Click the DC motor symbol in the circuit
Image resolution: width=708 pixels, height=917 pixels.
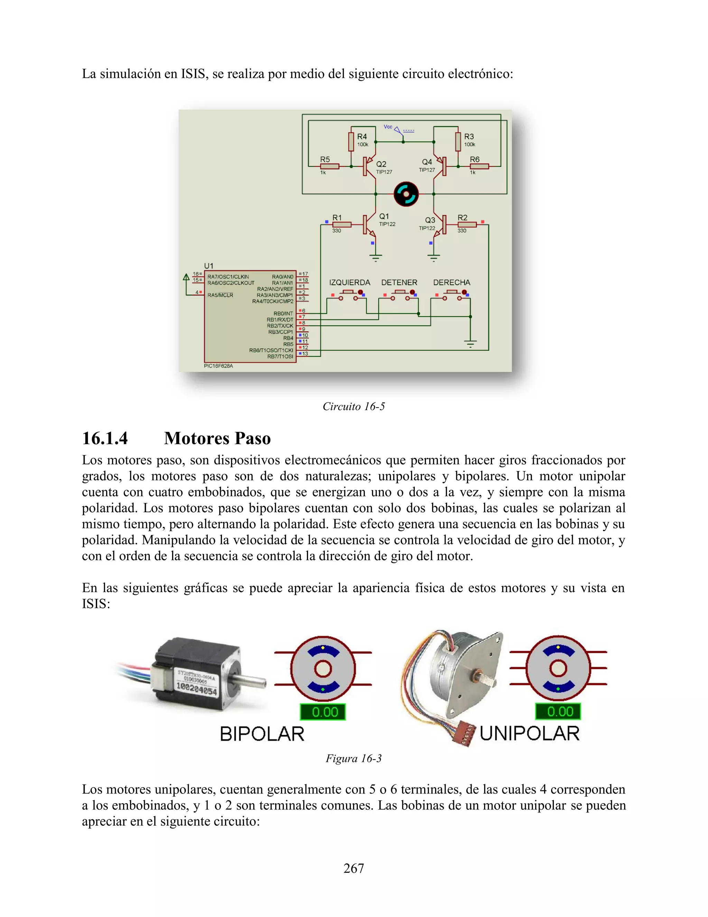tap(406, 194)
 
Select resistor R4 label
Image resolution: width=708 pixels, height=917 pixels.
tap(362, 136)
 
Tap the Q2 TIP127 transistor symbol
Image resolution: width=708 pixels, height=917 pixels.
tap(368, 166)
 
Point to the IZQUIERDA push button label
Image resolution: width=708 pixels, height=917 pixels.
tap(350, 283)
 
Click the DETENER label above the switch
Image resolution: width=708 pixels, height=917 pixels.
tap(399, 283)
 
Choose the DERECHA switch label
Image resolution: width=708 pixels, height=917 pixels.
tap(451, 283)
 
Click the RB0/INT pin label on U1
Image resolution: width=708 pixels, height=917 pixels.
tap(283, 313)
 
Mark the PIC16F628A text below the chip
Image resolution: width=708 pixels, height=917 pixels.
tap(218, 366)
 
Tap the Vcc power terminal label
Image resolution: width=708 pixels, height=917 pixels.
tap(388, 127)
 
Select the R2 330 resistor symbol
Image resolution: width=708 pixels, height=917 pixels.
tap(467, 224)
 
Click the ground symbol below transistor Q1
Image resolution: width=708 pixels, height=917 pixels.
tap(375, 257)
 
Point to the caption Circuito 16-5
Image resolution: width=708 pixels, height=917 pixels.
tap(354, 407)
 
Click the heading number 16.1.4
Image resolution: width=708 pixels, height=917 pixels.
tap(105, 438)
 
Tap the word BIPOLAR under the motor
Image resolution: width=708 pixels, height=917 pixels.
tap(262, 734)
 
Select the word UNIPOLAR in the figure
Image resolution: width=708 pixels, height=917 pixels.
tap(529, 734)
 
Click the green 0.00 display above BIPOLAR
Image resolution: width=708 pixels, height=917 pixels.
tap(323, 712)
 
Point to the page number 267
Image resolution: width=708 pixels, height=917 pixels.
tap(354, 868)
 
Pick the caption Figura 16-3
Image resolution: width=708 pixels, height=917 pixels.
tap(354, 758)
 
